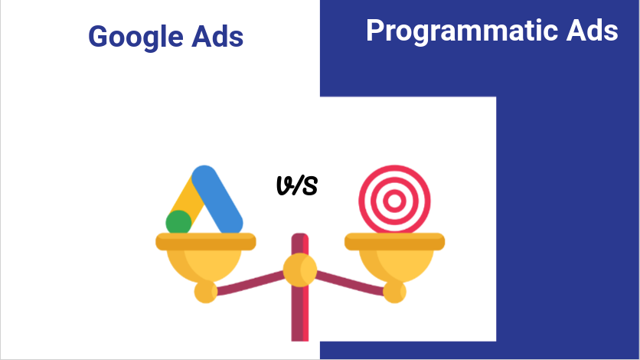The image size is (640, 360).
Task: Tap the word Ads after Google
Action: point(217,36)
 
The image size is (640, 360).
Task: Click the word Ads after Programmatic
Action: point(593,30)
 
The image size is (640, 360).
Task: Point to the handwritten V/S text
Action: point(297,185)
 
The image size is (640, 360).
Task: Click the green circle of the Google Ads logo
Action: point(178,222)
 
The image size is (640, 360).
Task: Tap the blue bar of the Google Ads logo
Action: point(217,200)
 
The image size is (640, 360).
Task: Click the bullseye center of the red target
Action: point(394,201)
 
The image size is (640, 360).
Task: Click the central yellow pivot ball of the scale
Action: point(300,270)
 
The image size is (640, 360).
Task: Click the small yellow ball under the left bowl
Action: point(206,291)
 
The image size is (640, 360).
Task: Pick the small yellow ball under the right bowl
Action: point(394,291)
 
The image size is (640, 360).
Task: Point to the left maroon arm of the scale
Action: point(250,283)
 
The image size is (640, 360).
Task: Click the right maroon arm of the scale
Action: point(350,283)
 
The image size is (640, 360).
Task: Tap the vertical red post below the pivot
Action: point(300,313)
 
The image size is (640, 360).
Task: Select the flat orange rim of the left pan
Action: point(206,241)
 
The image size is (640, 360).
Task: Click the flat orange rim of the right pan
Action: point(395,241)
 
